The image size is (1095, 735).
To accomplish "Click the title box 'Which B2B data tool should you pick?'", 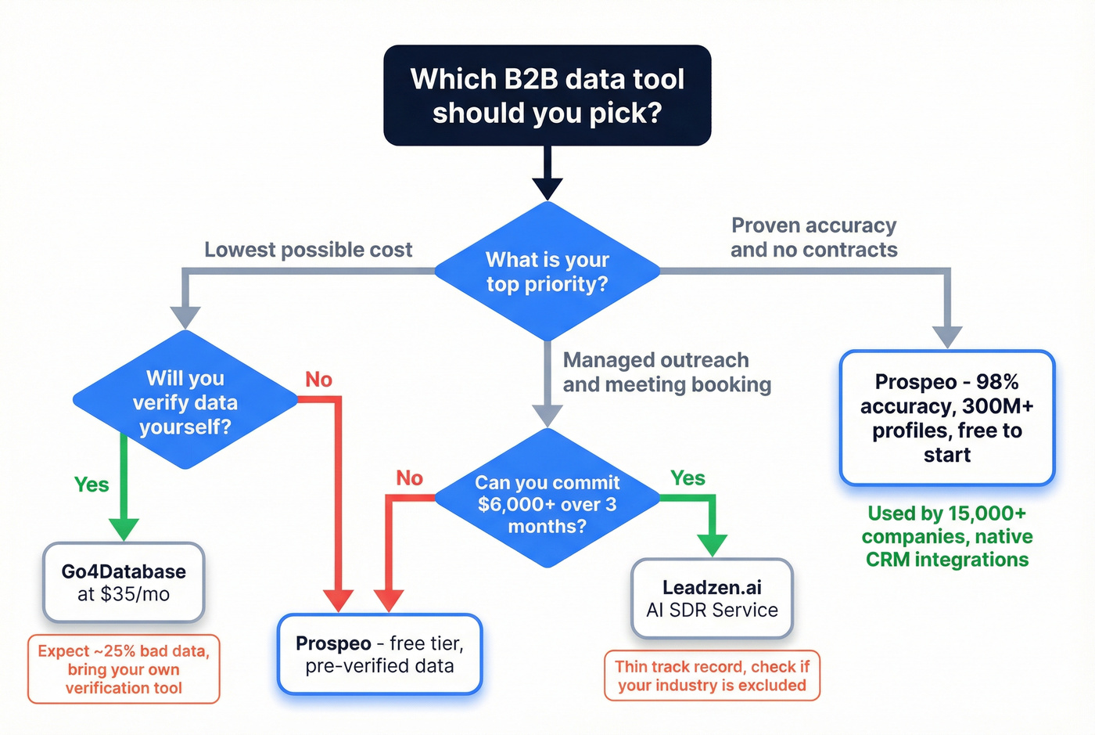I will tap(547, 95).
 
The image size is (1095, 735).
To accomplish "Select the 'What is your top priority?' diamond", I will tap(547, 272).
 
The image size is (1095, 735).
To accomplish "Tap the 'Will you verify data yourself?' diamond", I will tap(185, 402).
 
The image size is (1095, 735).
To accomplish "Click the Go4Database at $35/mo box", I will tap(124, 583).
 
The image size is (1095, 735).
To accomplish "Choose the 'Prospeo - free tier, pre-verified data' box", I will tap(379, 654).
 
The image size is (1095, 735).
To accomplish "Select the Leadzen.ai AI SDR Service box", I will tap(712, 599).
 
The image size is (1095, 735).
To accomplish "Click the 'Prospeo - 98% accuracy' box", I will tap(946, 418).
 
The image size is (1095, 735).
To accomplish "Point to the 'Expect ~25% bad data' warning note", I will tap(124, 669).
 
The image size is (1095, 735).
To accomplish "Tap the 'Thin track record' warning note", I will tap(712, 676).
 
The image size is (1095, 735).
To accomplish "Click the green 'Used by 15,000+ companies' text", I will tap(946, 536).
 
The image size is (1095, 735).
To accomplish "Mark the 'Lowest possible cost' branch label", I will tap(308, 250).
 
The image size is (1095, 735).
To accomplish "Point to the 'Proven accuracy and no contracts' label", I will tap(814, 237).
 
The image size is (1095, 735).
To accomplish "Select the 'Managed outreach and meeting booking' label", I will tap(666, 372).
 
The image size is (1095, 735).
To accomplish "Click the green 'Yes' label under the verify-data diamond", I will tap(92, 485).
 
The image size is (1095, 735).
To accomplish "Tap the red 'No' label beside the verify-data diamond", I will tap(318, 380).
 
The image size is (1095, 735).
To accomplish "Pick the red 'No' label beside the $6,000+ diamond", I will tap(409, 478).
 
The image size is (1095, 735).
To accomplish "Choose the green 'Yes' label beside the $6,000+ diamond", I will tap(688, 478).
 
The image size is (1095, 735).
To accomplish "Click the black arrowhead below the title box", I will tap(547, 189).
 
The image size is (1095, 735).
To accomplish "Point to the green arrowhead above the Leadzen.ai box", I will tap(712, 545).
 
